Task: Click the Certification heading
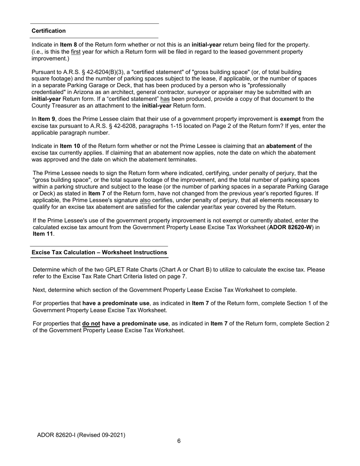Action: coord(49,31)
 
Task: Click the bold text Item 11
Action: coord(43,234)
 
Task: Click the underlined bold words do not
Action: coord(91,324)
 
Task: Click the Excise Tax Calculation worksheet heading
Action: coord(99,252)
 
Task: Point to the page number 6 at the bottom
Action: coord(179,441)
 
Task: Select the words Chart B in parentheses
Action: coord(196,270)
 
